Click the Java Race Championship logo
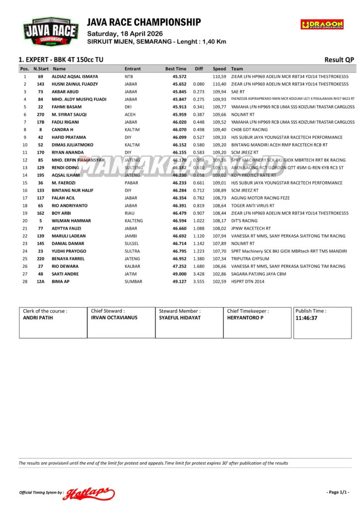click(50, 32)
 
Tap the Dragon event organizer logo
click(322, 24)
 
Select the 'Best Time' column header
click(176, 69)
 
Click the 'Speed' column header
click(219, 69)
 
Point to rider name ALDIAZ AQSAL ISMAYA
click(75, 77)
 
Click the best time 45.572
click(180, 77)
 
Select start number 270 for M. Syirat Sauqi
click(41, 114)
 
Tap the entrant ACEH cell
click(130, 114)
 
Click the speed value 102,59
click(219, 281)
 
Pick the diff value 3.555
click(199, 281)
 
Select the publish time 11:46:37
click(306, 318)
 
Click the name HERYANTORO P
click(245, 318)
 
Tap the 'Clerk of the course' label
click(45, 311)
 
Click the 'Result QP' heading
click(339, 60)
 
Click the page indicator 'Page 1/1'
click(338, 492)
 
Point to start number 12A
click(41, 281)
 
